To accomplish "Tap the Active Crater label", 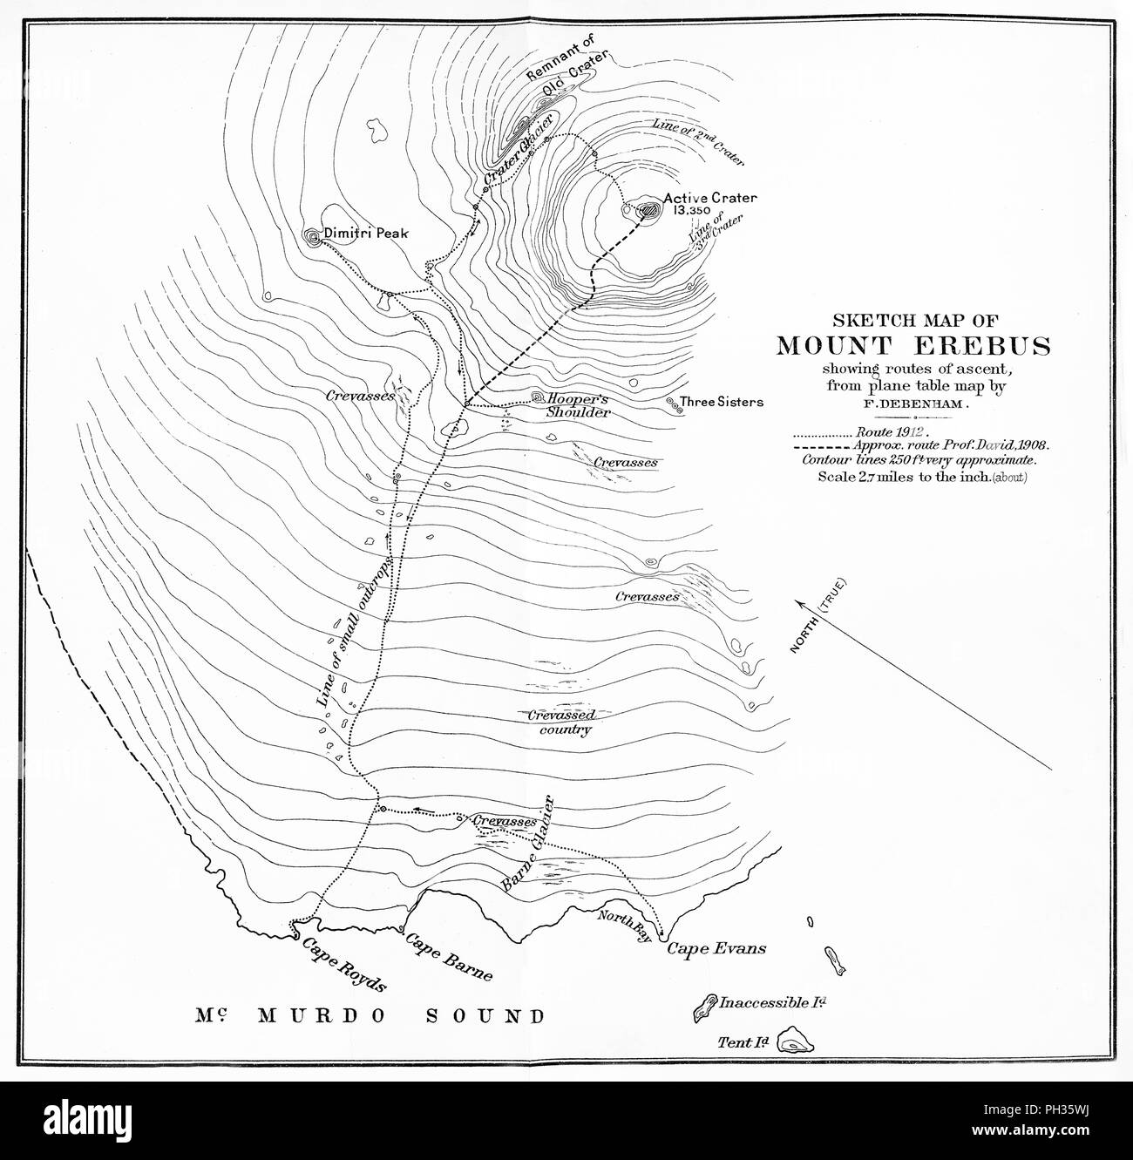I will [x=710, y=198].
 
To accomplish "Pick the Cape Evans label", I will [x=716, y=948].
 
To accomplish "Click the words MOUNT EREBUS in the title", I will [x=913, y=345].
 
